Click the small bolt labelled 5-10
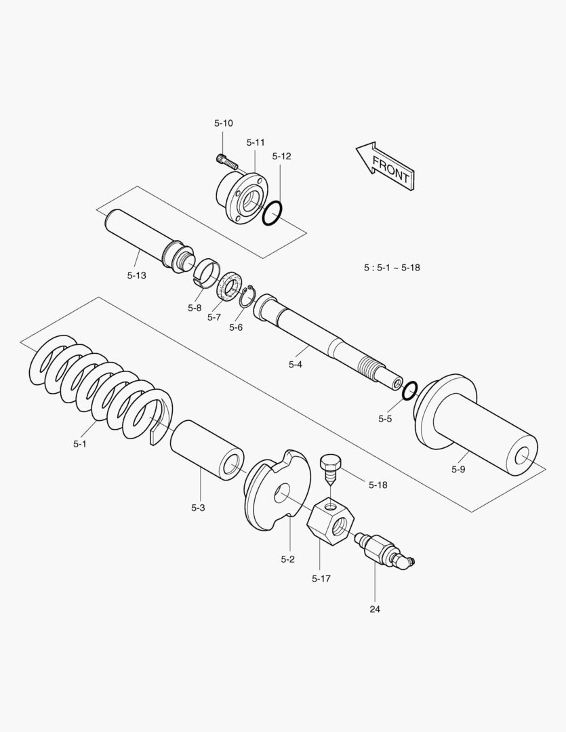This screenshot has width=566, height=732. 226,161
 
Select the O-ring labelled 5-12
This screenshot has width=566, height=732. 272,211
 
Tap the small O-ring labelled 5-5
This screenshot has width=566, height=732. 409,391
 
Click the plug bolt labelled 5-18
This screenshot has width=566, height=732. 329,468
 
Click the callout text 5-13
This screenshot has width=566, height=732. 136,275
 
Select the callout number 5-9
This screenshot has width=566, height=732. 458,469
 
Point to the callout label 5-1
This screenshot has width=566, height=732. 80,444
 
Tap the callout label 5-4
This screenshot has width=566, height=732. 295,365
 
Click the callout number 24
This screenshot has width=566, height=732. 375,609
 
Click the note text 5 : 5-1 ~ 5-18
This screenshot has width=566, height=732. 392,268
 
